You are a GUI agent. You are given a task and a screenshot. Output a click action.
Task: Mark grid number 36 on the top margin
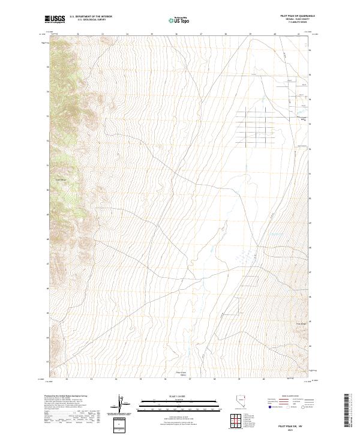point(176,34)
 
